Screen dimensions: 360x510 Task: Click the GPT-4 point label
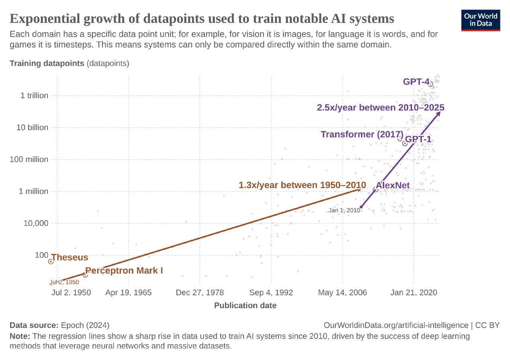pyautogui.click(x=416, y=82)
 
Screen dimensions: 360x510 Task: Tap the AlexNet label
pyautogui.click(x=392, y=185)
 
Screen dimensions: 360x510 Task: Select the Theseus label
pyautogui.click(x=70, y=257)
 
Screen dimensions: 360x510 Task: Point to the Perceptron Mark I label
pyautogui.click(x=124, y=271)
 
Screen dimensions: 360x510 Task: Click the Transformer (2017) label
pyautogui.click(x=362, y=134)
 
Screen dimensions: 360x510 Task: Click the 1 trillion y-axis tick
pyautogui.click(x=29, y=96)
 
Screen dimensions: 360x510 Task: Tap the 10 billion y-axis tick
pyautogui.click(x=30, y=127)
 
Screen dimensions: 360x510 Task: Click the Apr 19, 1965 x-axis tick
pyautogui.click(x=128, y=293)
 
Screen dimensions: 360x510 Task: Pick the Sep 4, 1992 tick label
pyautogui.click(x=271, y=293)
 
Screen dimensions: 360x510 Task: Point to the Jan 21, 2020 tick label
pyautogui.click(x=414, y=293)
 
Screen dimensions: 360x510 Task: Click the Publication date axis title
pyautogui.click(x=245, y=305)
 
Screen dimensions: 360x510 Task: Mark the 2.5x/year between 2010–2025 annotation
pyautogui.click(x=381, y=108)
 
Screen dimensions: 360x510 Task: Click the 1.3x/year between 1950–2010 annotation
pyautogui.click(x=302, y=185)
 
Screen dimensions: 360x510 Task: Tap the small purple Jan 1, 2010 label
pyautogui.click(x=344, y=210)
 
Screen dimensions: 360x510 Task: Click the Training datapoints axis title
pyautogui.click(x=47, y=63)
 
